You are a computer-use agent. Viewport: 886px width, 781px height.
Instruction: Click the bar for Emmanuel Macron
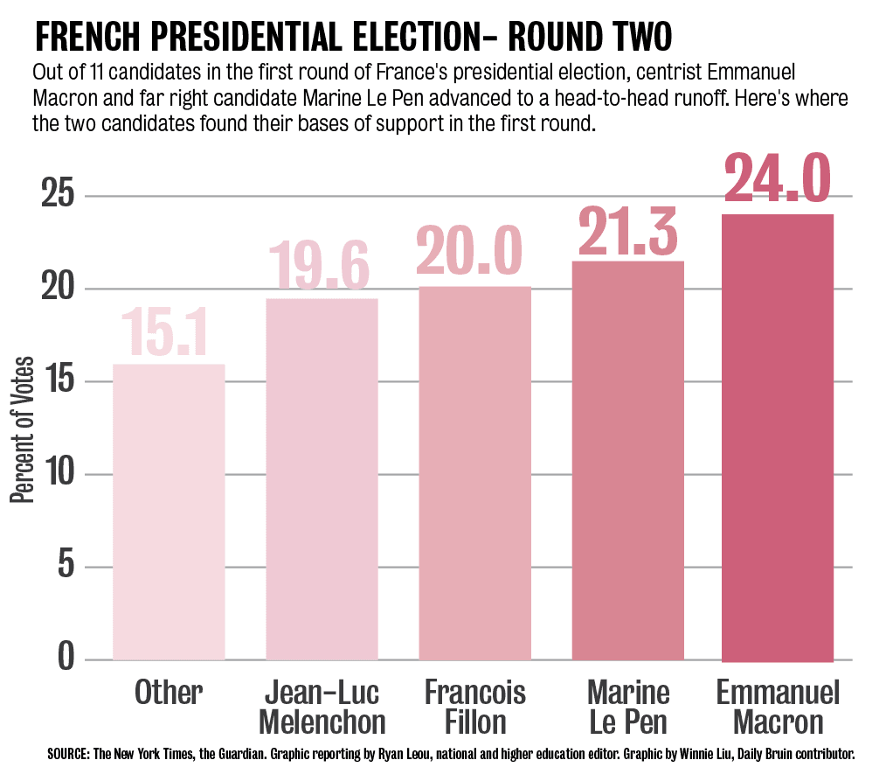777,437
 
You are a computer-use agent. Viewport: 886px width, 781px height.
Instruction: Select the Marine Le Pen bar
627,461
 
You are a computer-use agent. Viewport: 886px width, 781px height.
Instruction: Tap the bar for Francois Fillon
474,473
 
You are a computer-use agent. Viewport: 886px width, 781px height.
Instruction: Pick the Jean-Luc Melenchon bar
322,479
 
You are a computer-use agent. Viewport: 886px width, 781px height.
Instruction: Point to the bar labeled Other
169,512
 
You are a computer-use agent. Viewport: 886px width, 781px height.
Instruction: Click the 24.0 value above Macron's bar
777,179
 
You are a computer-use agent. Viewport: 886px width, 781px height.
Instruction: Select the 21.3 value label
627,230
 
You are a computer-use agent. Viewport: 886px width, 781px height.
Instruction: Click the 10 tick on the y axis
56,474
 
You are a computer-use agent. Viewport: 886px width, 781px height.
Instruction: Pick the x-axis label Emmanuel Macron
777,708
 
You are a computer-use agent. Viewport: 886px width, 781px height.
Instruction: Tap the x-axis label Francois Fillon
474,708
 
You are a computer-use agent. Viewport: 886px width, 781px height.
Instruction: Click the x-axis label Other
169,694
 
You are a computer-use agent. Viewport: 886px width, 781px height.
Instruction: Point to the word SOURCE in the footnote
66,754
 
